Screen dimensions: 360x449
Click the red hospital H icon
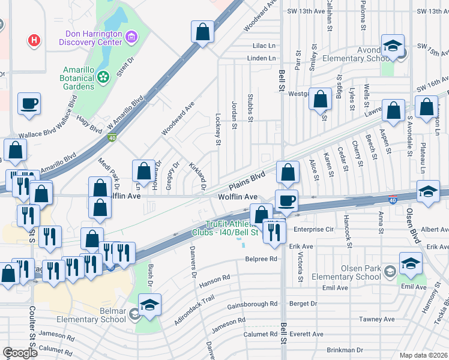35,41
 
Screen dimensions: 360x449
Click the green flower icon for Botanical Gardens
103,76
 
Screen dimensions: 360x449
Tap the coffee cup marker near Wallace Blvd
29,104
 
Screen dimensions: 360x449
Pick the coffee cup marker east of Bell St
286,200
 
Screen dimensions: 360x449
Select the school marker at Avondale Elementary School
393,46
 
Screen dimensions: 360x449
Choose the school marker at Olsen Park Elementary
411,263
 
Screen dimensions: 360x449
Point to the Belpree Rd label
261,259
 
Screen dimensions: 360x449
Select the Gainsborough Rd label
253,304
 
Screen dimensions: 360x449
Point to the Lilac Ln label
264,46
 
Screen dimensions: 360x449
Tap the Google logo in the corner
20,353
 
